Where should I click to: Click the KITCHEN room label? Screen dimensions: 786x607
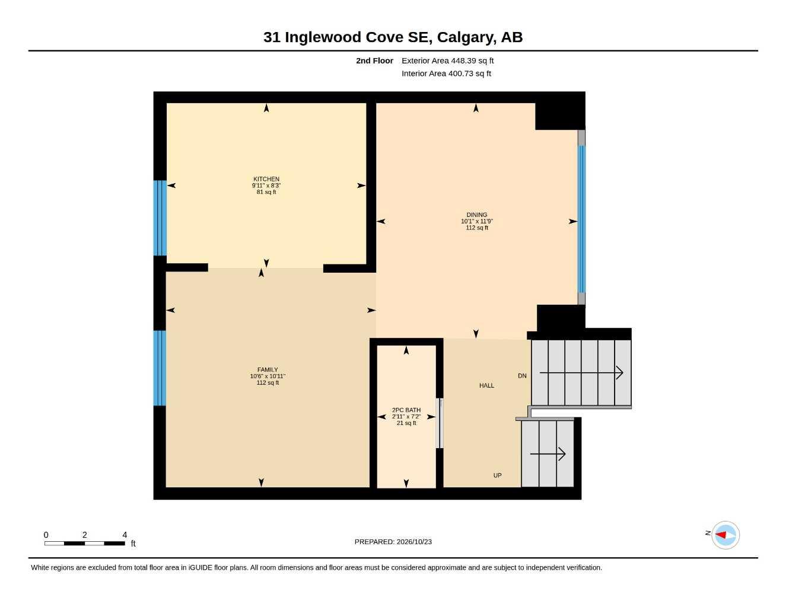pyautogui.click(x=266, y=179)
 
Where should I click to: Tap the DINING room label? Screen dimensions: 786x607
pyautogui.click(x=476, y=215)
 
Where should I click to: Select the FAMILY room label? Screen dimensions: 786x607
pyautogui.click(x=268, y=370)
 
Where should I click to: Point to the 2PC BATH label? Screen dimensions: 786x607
pyautogui.click(x=406, y=410)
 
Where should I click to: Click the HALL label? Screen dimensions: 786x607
pyautogui.click(x=486, y=385)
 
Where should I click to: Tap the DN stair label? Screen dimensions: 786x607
pyautogui.click(x=522, y=376)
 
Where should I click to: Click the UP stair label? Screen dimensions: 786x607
pyautogui.click(x=497, y=475)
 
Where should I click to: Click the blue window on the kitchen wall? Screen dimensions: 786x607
pyautogui.click(x=160, y=218)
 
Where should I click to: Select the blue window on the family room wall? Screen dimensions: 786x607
pyautogui.click(x=160, y=368)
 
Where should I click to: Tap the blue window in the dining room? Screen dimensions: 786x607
pyautogui.click(x=581, y=219)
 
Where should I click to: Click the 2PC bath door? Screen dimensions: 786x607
pyautogui.click(x=440, y=423)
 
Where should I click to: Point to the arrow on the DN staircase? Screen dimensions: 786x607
pyautogui.click(x=581, y=372)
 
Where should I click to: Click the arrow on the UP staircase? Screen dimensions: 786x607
pyautogui.click(x=548, y=454)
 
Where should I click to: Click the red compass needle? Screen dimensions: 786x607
pyautogui.click(x=721, y=534)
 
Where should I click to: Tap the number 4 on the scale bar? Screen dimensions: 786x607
pyautogui.click(x=125, y=535)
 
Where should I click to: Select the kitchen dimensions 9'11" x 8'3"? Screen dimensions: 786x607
pyautogui.click(x=266, y=186)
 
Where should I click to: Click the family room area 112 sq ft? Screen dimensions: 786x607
pyautogui.click(x=268, y=382)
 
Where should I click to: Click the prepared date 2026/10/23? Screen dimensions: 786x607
pyautogui.click(x=414, y=542)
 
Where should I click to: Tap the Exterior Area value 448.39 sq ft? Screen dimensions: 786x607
pyautogui.click(x=472, y=60)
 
